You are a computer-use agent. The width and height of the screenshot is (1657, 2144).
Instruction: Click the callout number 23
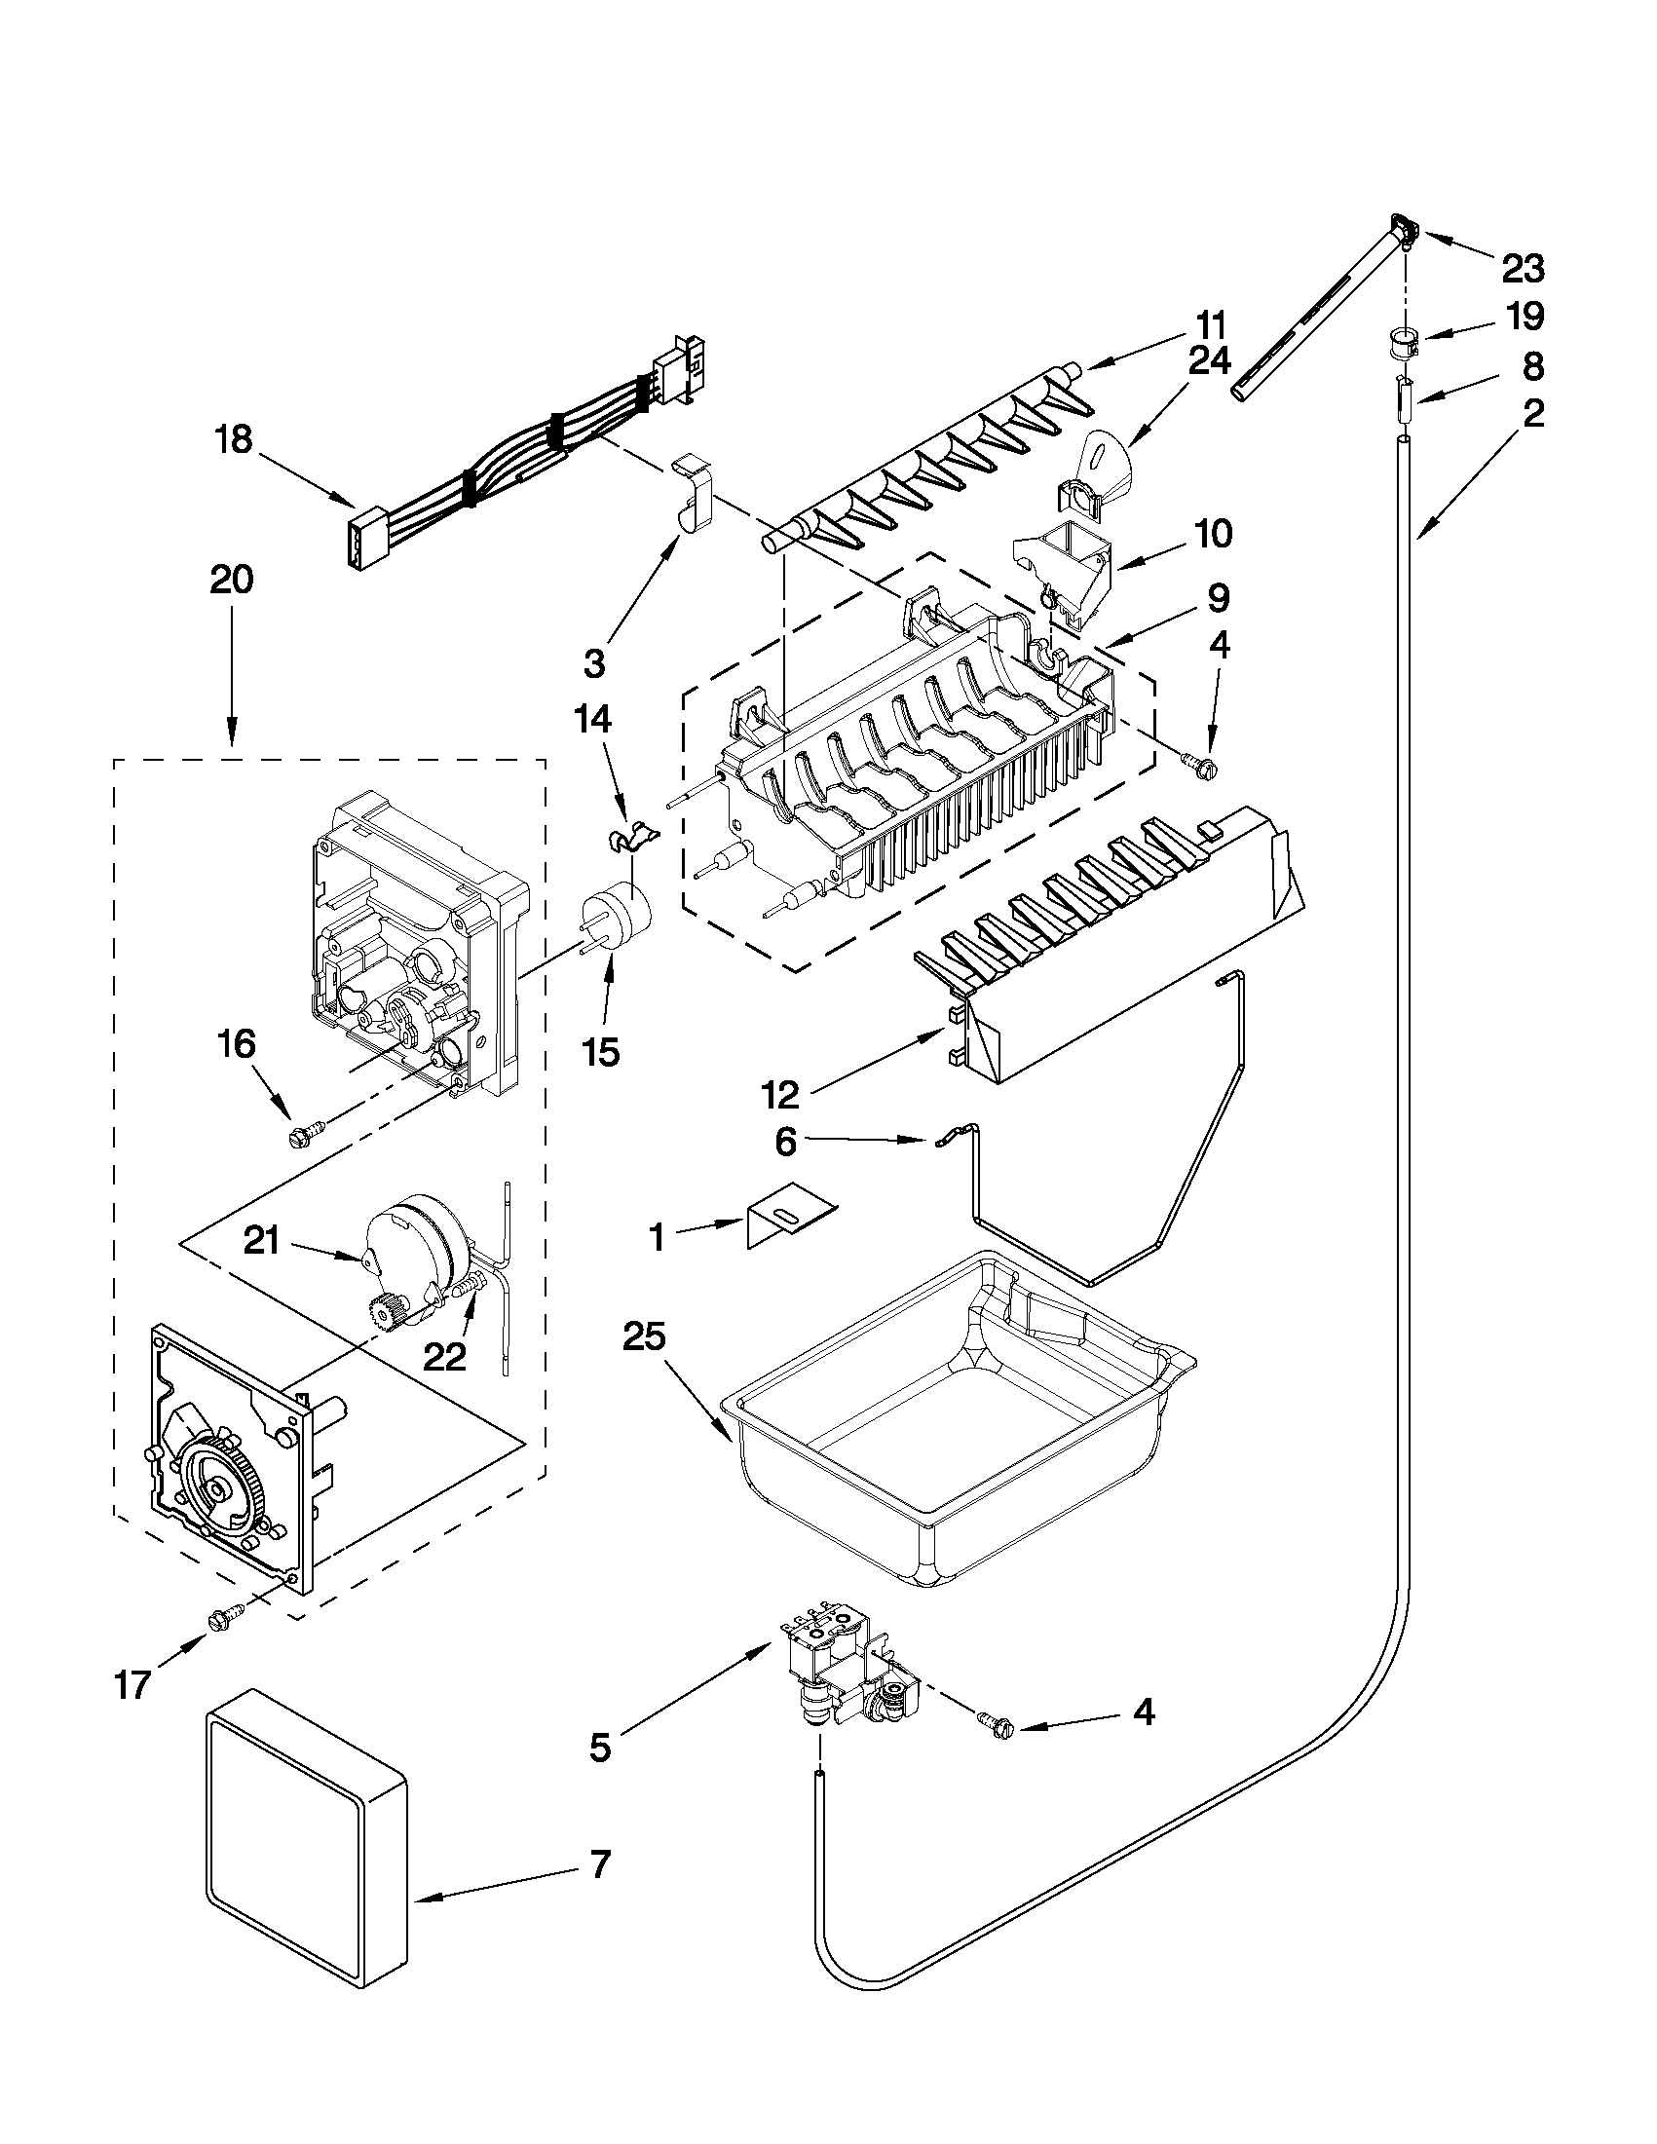(x=1523, y=267)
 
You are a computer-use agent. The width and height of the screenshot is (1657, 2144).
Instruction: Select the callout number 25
(x=644, y=1337)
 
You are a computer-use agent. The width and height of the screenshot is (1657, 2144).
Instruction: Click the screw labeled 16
(x=296, y=1138)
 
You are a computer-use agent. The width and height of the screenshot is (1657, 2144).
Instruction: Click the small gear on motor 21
(x=381, y=1308)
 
